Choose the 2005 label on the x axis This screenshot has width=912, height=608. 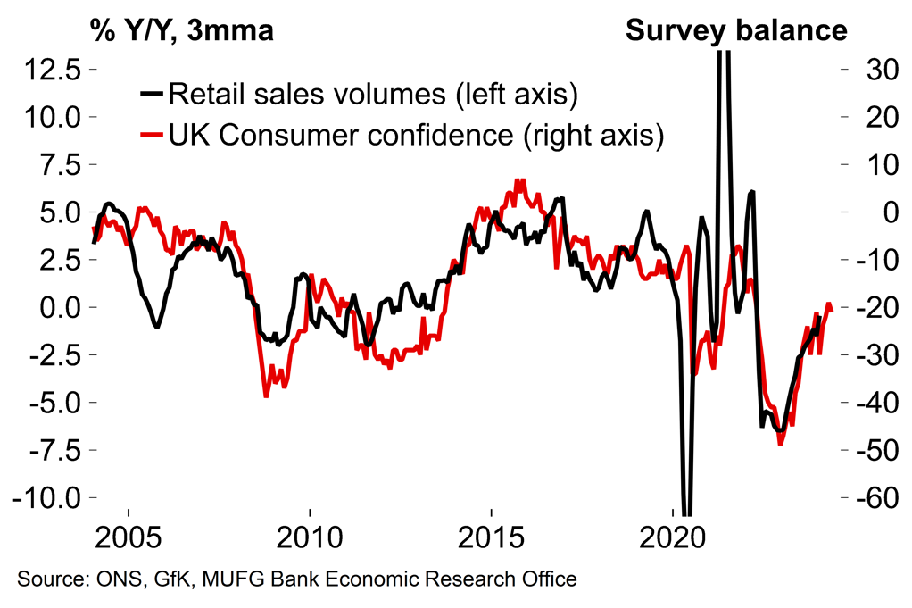pos(129,540)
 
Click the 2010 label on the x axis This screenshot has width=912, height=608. pos(310,540)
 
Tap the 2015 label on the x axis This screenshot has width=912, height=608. pos(491,540)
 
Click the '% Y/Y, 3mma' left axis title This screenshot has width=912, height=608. pos(180,30)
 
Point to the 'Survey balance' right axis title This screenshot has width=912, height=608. pos(735,30)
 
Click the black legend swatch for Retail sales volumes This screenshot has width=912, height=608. pos(152,93)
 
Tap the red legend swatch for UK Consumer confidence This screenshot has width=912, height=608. pos(152,136)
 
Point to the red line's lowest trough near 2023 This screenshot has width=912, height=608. pos(780,443)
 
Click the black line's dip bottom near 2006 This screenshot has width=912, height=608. pos(157,327)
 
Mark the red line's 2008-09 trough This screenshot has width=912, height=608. pos(266,395)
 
